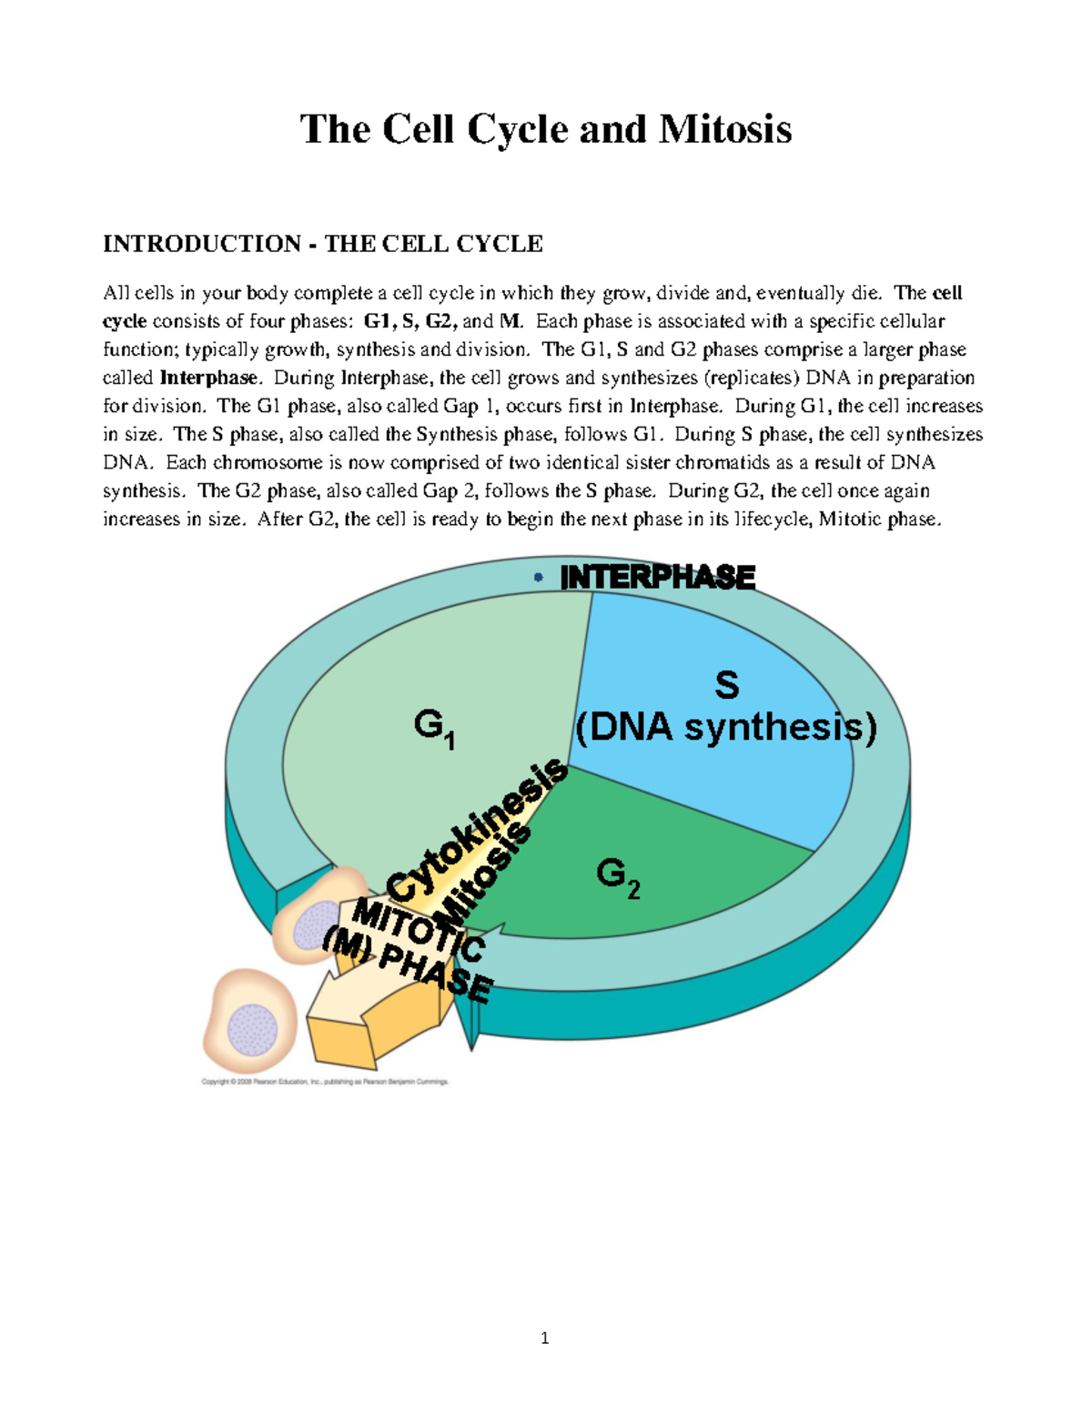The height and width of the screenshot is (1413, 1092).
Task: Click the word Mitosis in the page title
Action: coord(724,129)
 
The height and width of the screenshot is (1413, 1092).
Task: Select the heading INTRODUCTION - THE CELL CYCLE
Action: coord(322,244)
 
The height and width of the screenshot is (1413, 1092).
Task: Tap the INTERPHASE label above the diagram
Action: coord(657,578)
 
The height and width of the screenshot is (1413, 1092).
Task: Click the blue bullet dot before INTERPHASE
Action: coord(539,578)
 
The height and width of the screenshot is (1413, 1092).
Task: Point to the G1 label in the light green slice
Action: coord(433,728)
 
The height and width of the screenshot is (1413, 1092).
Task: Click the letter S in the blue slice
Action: coord(726,685)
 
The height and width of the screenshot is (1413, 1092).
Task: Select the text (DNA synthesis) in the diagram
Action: coord(725,728)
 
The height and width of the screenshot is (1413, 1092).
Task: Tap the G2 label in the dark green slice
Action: coord(617,877)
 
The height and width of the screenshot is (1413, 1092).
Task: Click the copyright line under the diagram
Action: coord(325,1082)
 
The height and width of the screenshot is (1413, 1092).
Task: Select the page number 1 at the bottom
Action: coord(544,1337)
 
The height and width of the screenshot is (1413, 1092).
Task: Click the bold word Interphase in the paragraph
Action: coord(208,378)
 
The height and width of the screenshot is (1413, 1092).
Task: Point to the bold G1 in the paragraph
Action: coord(376,321)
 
